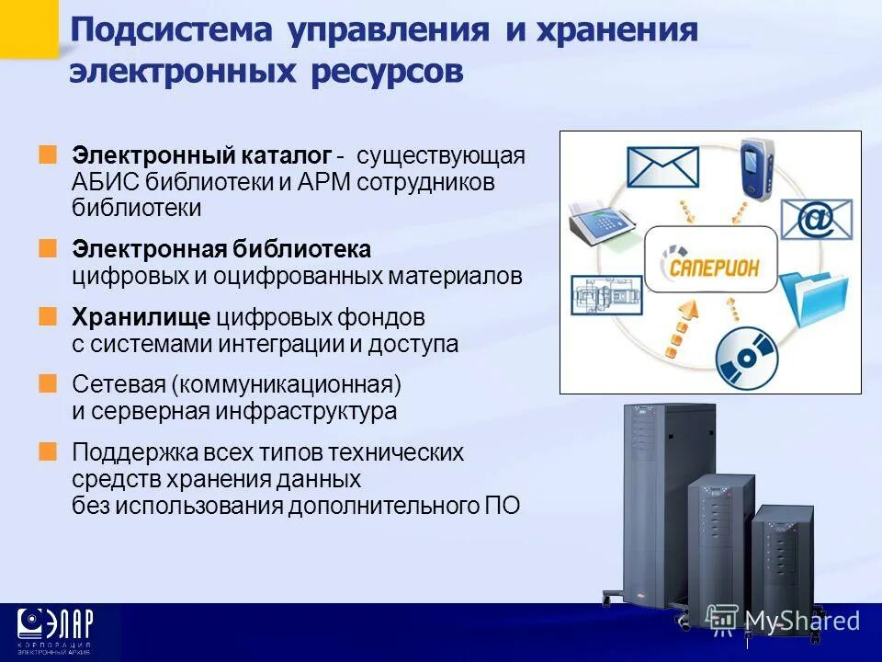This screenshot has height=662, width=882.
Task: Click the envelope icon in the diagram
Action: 662,168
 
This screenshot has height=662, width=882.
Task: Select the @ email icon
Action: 817,219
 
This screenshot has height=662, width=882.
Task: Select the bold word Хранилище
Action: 141,318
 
